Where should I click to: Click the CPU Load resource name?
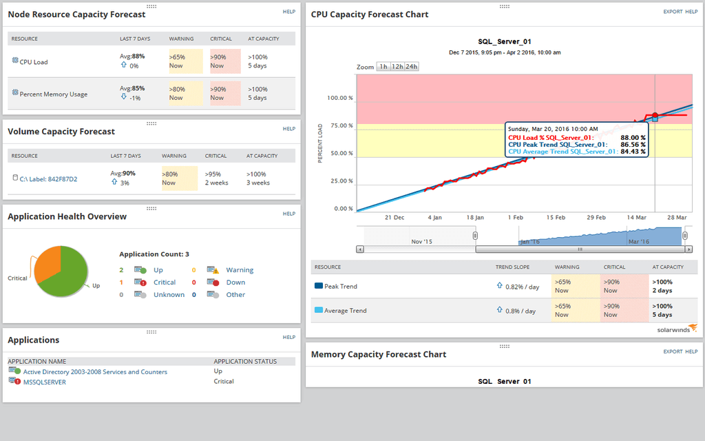(33, 62)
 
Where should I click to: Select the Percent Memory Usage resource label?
(53, 94)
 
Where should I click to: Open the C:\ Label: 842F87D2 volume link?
(48, 179)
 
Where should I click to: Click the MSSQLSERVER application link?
(45, 382)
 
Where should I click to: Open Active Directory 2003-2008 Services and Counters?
(95, 372)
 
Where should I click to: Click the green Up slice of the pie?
(69, 276)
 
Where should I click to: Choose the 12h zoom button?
(397, 67)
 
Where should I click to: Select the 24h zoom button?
(411, 67)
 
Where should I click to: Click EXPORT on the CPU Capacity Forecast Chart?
(672, 12)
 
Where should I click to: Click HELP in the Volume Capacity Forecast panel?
(289, 129)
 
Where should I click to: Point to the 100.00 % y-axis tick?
(339, 98)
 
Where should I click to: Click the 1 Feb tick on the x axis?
(516, 217)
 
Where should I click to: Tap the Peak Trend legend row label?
(341, 286)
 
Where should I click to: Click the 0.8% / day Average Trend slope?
(521, 311)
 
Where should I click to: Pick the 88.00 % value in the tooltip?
(632, 137)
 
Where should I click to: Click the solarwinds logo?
(677, 330)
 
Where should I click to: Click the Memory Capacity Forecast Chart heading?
(378, 355)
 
